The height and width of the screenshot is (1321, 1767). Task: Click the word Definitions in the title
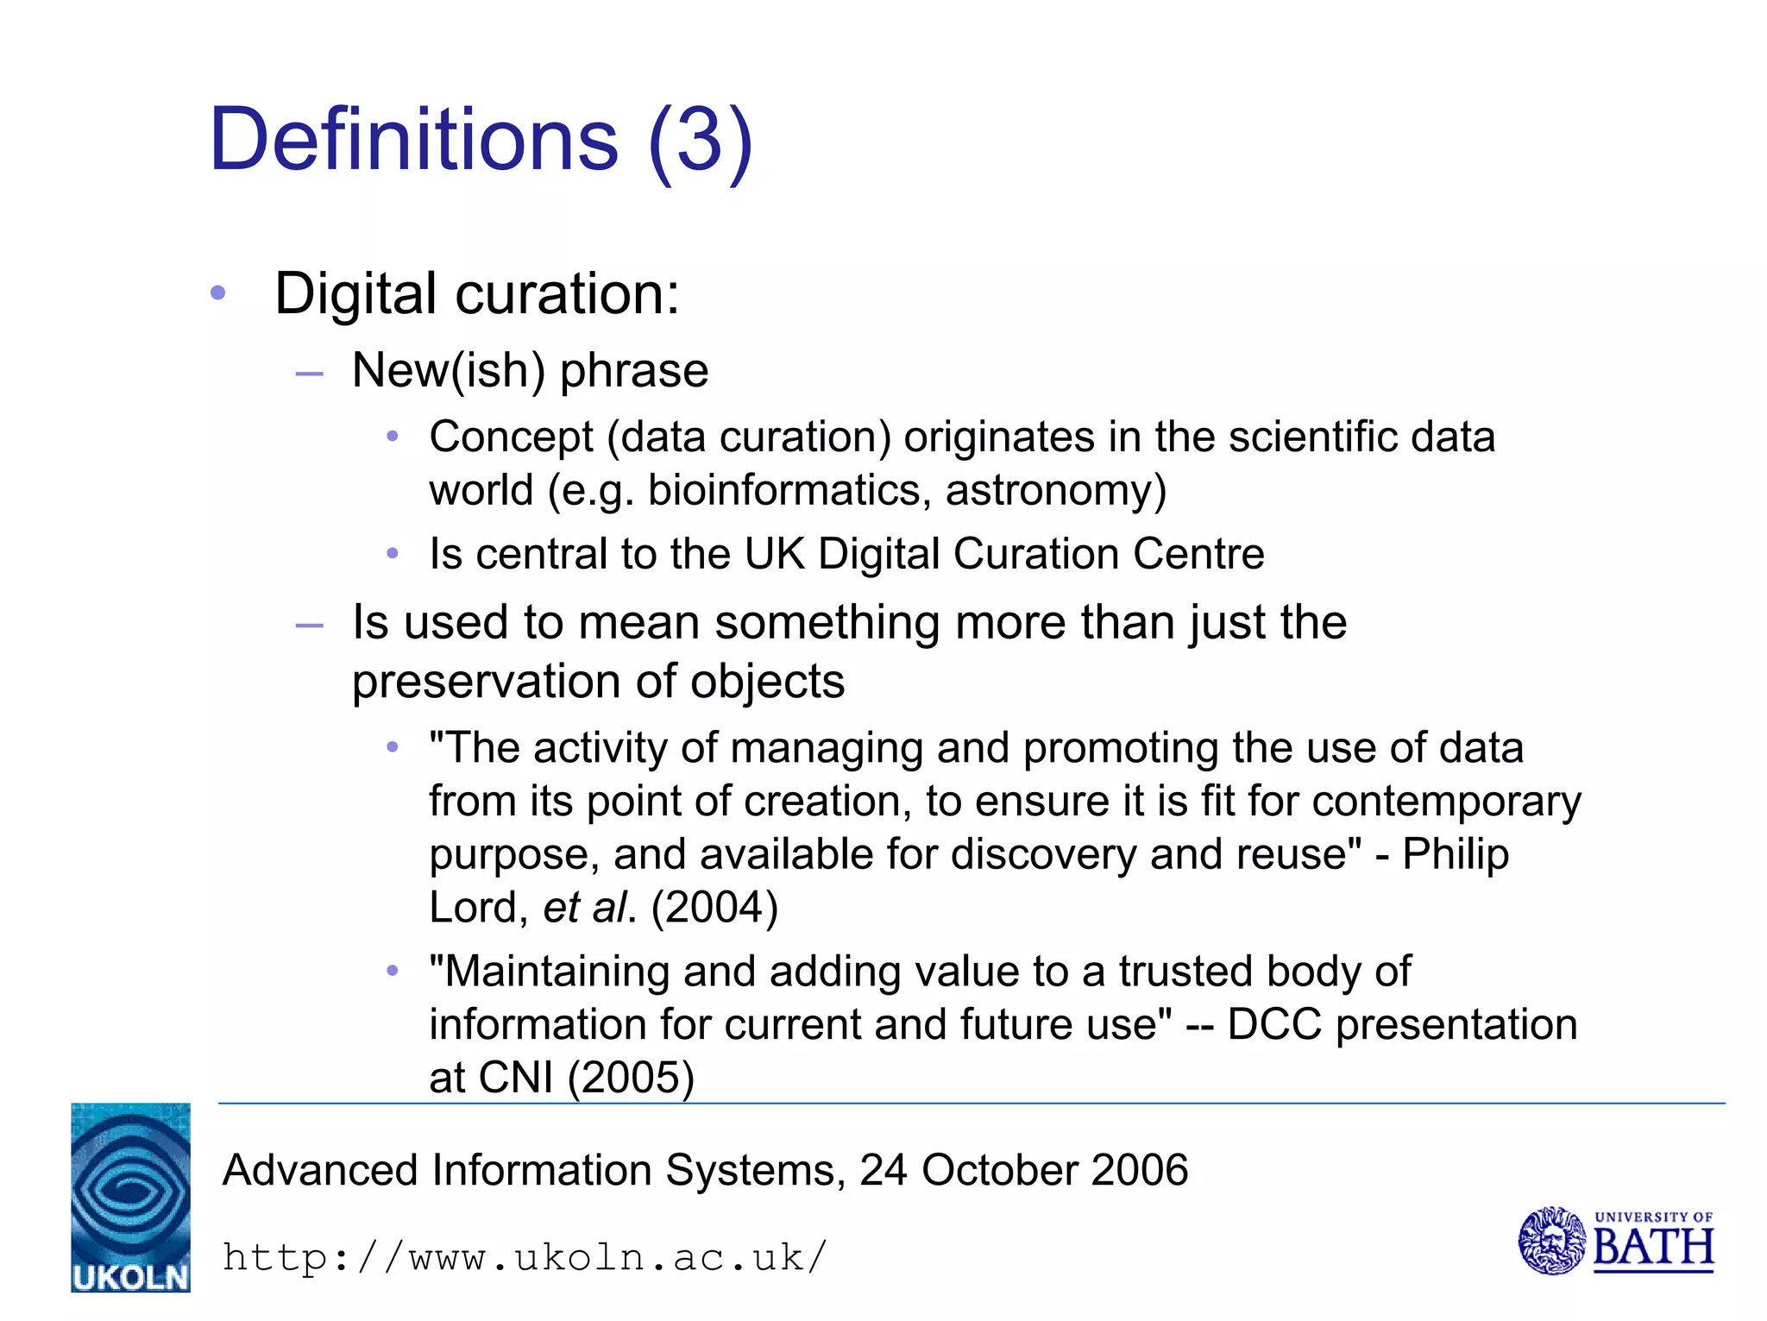(x=413, y=140)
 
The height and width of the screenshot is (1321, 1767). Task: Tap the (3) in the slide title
(x=701, y=142)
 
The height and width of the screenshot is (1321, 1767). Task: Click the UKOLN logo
(x=130, y=1197)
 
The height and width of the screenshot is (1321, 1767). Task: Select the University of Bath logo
(x=1615, y=1241)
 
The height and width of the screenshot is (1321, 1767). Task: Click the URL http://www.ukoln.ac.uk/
(x=525, y=1257)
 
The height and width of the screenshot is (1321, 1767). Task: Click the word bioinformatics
(x=789, y=490)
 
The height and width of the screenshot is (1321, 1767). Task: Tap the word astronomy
(x=1055, y=490)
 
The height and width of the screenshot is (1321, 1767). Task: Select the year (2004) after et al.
(x=714, y=907)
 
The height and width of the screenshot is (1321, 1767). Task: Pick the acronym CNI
(x=515, y=1077)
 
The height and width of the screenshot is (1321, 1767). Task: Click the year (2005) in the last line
(x=631, y=1077)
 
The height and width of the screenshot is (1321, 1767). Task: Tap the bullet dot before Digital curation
(x=217, y=293)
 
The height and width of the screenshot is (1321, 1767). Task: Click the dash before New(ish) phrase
(x=309, y=374)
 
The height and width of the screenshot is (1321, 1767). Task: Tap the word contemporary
(x=1447, y=801)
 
